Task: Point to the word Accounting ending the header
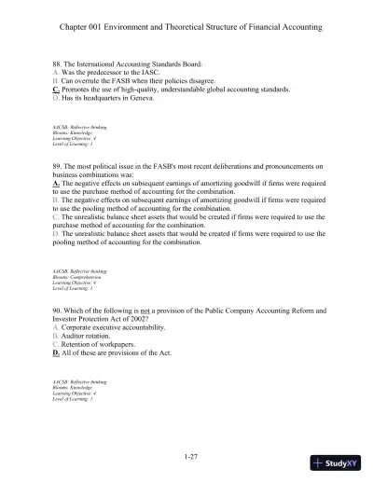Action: click(x=298, y=27)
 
